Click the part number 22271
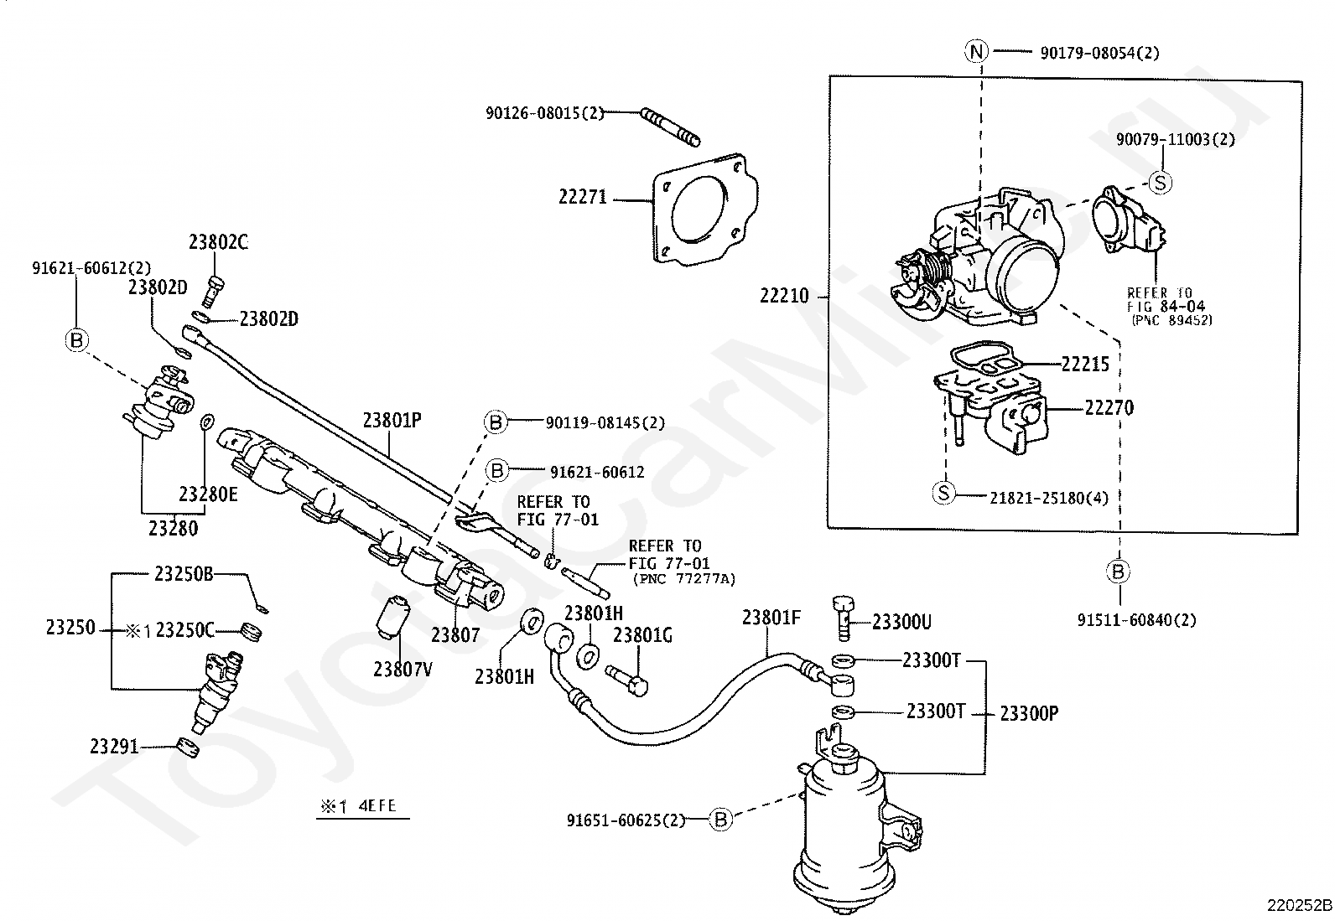582,198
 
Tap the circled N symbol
975,52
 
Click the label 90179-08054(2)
1099,53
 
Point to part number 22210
784,296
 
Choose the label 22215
1084,365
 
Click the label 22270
1109,408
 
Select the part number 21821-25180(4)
1048,498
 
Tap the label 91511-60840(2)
1136,620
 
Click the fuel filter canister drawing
843,830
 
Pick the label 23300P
1029,714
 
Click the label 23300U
901,622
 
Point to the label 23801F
771,618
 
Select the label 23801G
642,635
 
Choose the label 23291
114,746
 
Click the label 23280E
208,494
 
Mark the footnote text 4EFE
377,807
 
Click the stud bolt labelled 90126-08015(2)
671,127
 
